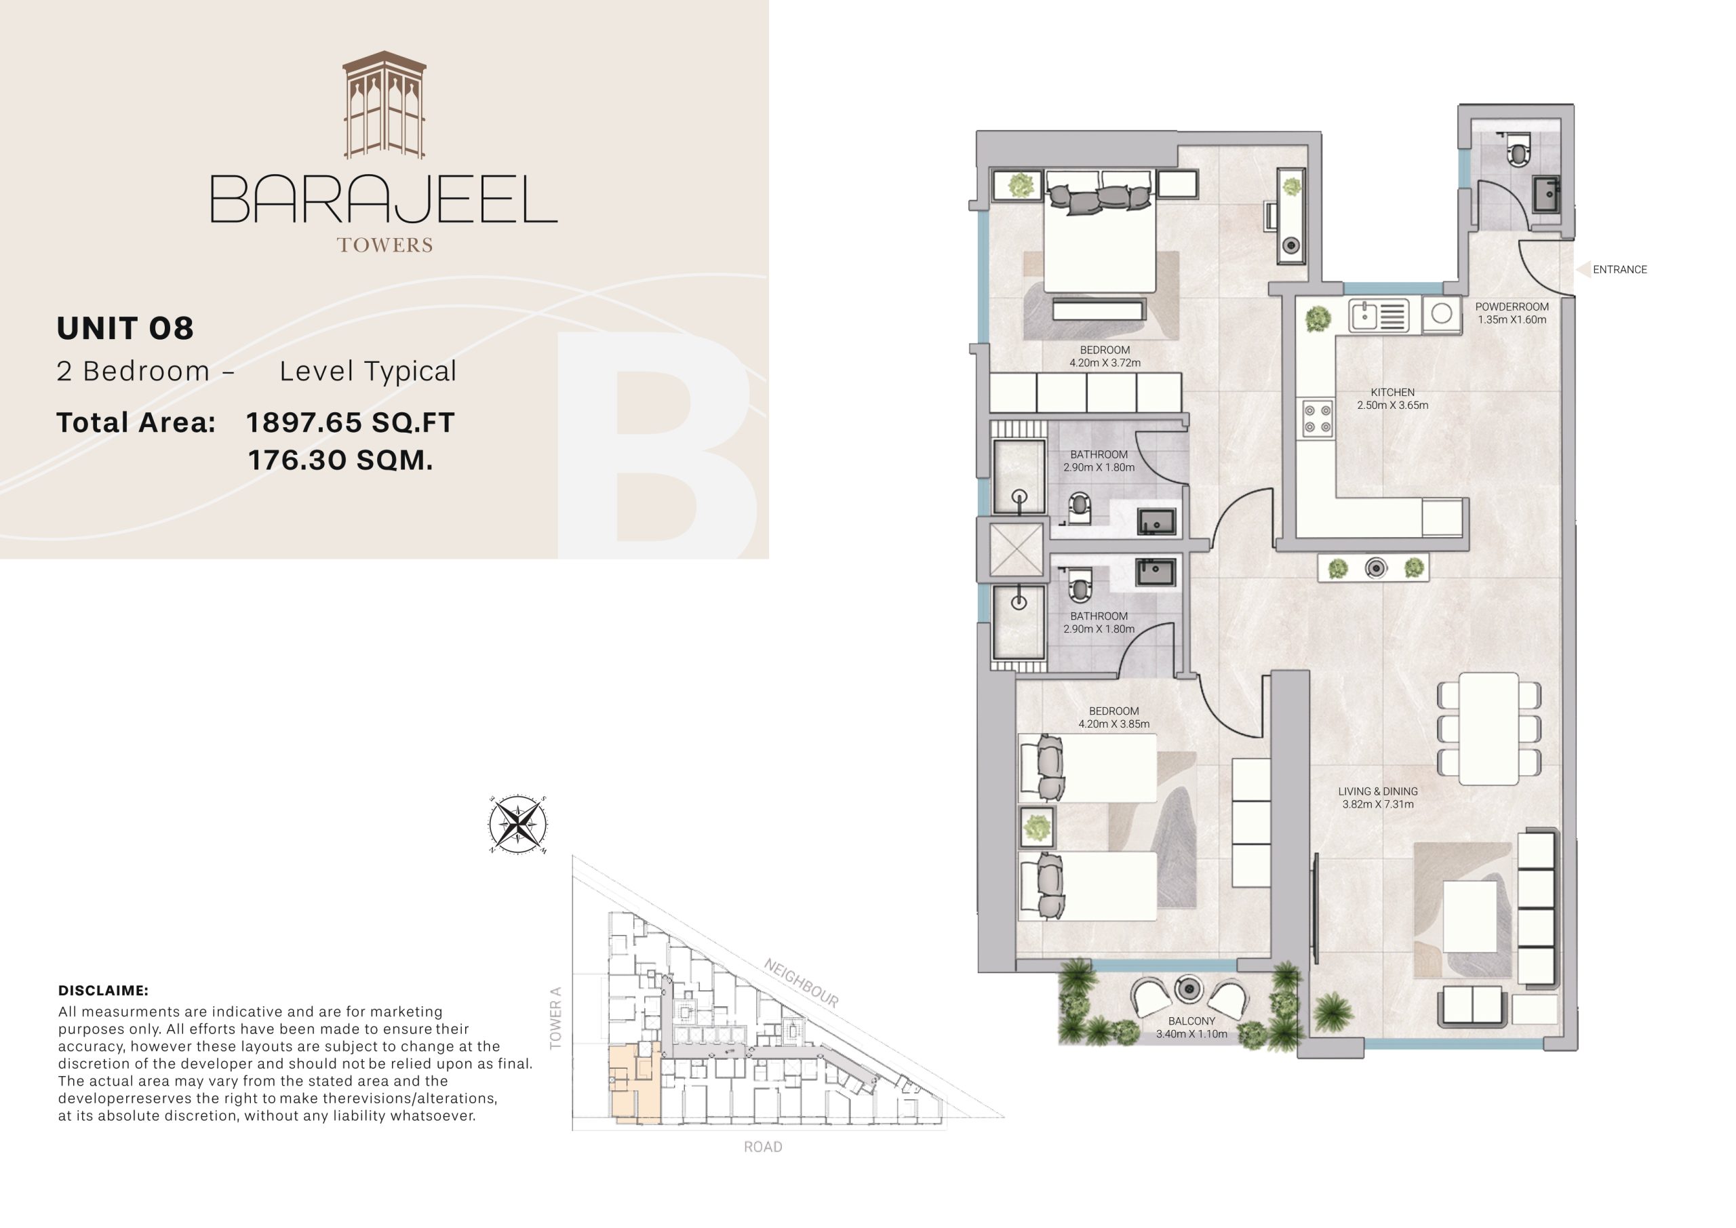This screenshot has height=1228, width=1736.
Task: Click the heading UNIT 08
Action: (125, 328)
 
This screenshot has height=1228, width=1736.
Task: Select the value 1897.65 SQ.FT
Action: (350, 422)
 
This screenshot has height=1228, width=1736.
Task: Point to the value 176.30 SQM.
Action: (340, 460)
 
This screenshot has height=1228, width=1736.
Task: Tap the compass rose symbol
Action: (517, 825)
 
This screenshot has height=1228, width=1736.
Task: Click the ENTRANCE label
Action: (1619, 269)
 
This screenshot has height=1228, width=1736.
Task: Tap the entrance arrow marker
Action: (1583, 269)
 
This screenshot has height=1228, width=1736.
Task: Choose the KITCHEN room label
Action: (1392, 393)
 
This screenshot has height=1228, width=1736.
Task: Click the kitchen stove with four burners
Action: (1316, 419)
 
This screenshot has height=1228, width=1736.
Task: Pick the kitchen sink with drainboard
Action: (1377, 315)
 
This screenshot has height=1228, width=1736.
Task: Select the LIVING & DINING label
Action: (1377, 791)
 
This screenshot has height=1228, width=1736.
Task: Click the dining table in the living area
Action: (1488, 728)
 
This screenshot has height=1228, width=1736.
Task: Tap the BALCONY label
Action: (1191, 1021)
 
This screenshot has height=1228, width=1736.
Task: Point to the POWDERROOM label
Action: (1512, 307)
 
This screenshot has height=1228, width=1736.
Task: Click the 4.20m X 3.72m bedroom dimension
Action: (1105, 363)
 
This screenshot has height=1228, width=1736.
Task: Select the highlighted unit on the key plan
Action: (633, 1083)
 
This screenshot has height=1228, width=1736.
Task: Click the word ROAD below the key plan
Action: (763, 1147)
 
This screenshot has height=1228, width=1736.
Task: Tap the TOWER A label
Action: (556, 1018)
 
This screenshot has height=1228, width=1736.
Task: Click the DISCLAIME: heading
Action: (103, 991)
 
